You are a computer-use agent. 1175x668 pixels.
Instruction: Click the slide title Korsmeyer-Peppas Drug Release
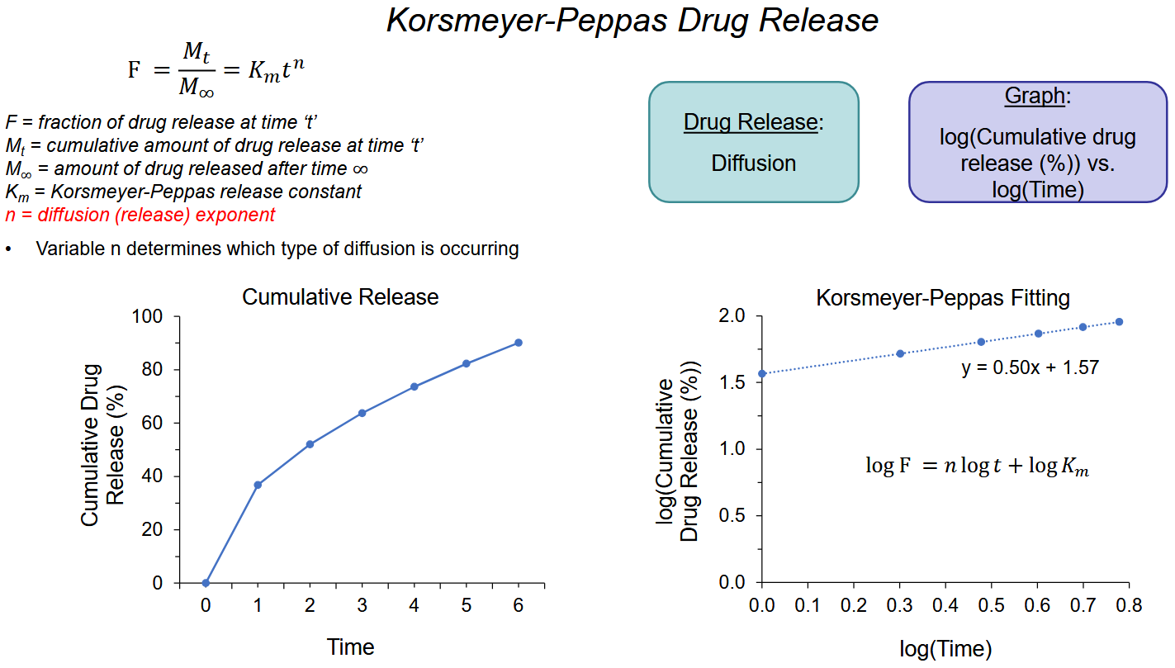[633, 21]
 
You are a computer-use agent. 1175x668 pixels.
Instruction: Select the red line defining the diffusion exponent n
[140, 215]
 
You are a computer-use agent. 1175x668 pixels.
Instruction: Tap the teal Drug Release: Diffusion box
[753, 142]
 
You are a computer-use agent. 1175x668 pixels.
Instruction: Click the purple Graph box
[1037, 142]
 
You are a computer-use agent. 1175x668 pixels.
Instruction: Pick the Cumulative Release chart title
[340, 297]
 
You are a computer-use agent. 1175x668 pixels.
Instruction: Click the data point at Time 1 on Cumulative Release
[258, 485]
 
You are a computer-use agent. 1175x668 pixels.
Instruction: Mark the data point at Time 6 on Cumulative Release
[519, 343]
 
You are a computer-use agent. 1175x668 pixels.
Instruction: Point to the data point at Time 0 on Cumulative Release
[206, 583]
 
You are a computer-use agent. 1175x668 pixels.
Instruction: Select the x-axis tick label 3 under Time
[362, 606]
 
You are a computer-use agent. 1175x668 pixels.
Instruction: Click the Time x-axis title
[351, 647]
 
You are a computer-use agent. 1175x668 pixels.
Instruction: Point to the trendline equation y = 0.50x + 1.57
[1030, 367]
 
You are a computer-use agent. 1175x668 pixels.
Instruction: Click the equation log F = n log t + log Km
[977, 467]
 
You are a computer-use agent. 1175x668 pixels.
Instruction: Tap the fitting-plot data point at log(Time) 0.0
[762, 373]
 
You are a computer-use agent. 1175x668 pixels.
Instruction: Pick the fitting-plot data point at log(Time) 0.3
[901, 353]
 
